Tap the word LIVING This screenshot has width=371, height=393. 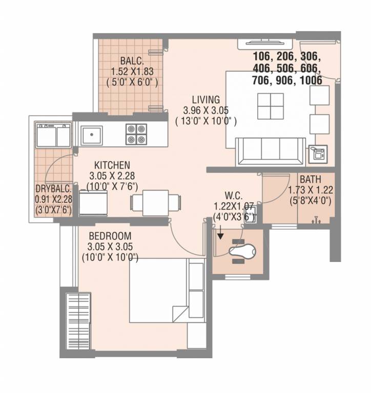pyautogui.click(x=206, y=99)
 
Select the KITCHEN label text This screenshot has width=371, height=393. pyautogui.click(x=112, y=165)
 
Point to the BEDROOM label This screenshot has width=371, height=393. pyautogui.click(x=109, y=236)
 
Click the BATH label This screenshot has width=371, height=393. pyautogui.click(x=311, y=180)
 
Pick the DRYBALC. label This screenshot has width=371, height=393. pyautogui.click(x=53, y=188)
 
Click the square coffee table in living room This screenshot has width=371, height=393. pyautogui.click(x=270, y=105)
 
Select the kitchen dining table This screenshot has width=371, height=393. pyautogui.click(x=155, y=203)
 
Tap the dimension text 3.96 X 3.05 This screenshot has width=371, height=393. pyautogui.click(x=206, y=110)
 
